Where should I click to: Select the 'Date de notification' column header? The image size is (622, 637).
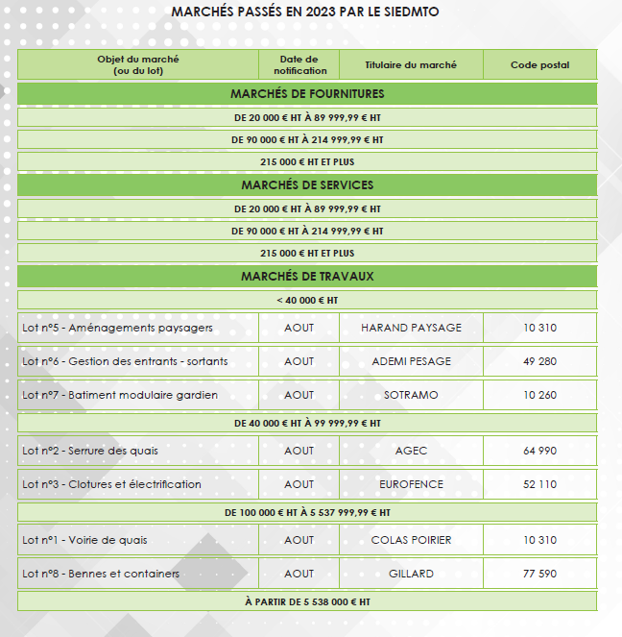tap(299, 64)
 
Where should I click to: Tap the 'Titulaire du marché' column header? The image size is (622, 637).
tap(411, 64)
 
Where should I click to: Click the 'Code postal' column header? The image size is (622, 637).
tap(539, 64)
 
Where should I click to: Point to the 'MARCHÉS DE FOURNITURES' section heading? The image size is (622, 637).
tap(307, 93)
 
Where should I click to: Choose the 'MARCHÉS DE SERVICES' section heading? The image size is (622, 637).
tap(307, 184)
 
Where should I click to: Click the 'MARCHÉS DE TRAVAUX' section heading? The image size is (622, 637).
tap(307, 276)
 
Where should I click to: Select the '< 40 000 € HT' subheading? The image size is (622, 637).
tap(307, 300)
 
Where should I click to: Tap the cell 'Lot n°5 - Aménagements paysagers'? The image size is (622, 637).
tap(117, 328)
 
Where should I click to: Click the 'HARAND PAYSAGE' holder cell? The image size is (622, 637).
tap(411, 328)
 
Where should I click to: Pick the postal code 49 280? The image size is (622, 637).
tap(539, 361)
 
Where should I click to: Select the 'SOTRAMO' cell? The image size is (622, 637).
tap(411, 395)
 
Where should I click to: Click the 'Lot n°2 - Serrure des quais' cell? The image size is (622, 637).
tap(90, 451)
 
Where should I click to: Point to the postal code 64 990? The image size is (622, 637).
tap(539, 451)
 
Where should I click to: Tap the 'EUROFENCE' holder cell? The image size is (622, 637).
tap(411, 484)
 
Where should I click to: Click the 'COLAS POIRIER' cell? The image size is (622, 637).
tap(411, 540)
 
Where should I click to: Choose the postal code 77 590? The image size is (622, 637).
tap(539, 574)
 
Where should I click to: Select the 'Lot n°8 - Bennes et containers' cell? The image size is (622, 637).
tap(101, 574)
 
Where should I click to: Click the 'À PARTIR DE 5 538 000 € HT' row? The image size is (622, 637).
tap(307, 601)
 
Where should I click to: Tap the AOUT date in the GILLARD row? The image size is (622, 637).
tap(299, 574)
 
